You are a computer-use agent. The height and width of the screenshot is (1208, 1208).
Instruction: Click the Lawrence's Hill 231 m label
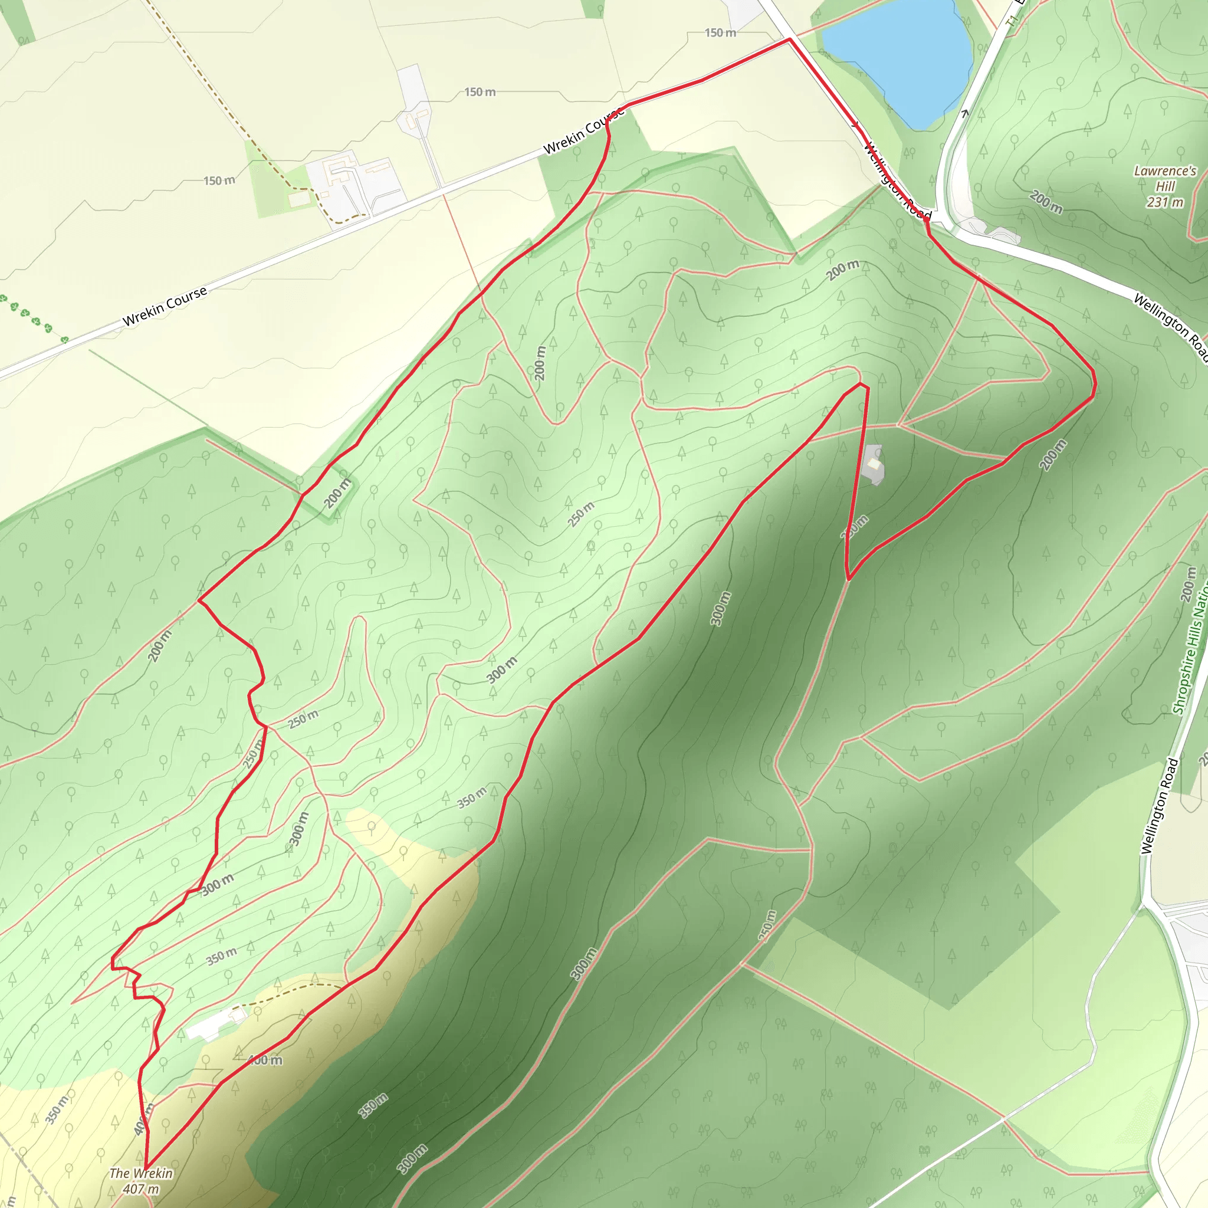pos(1165,186)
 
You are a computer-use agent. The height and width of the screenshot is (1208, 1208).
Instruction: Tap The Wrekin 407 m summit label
pos(141,1181)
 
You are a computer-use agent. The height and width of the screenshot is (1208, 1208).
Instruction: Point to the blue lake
pos(900,60)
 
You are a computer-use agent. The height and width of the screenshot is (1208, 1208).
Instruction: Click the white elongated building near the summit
pos(216,1023)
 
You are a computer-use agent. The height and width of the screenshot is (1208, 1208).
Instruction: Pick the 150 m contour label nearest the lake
pos(720,32)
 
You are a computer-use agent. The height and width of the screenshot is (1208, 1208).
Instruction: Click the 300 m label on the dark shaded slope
pos(720,608)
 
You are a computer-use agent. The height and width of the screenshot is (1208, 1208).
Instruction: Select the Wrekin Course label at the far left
pos(165,306)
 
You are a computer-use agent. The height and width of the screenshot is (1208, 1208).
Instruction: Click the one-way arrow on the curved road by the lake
pos(965,113)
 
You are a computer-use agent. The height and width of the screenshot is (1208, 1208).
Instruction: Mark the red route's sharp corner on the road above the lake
pos(790,39)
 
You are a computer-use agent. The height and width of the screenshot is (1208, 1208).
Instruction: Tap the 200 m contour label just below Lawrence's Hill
pos(1045,202)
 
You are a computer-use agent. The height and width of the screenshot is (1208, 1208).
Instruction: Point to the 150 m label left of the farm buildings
pos(219,180)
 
